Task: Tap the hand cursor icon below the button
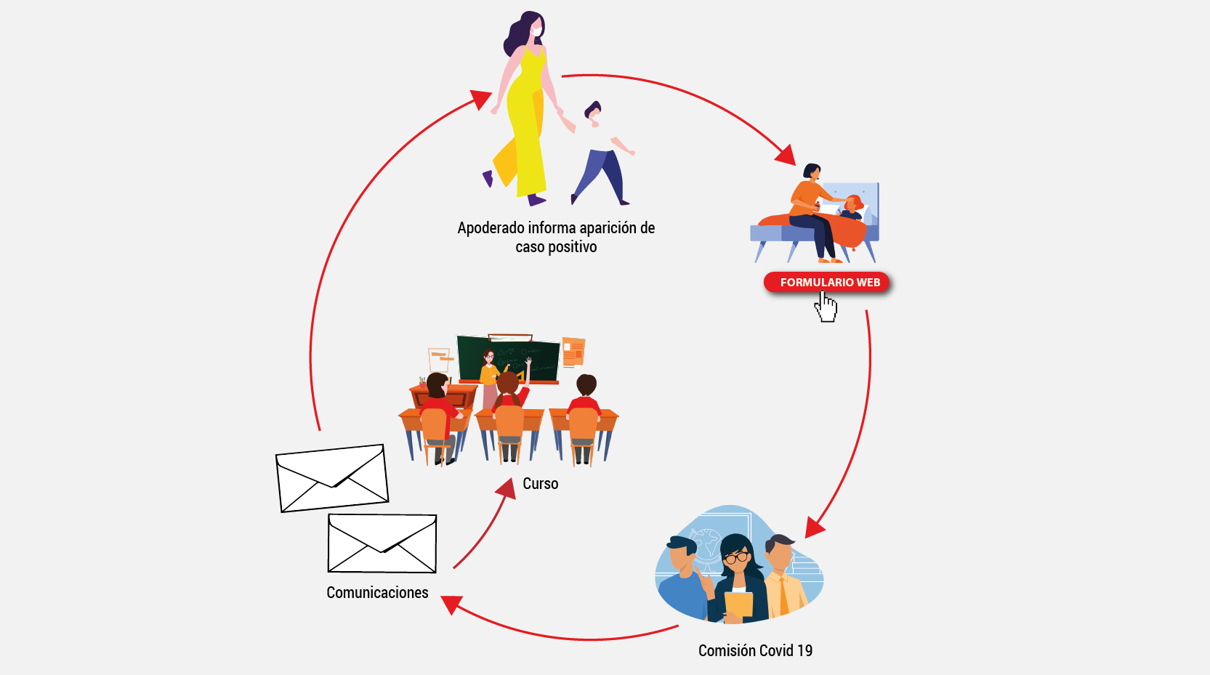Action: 826,306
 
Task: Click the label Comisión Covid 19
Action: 755,650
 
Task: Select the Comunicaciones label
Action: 377,592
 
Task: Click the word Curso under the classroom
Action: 540,483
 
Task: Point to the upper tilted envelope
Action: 332,477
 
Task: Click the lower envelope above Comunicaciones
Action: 382,543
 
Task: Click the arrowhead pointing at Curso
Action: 506,488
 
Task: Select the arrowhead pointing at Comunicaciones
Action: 451,603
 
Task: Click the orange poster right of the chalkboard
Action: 573,351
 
